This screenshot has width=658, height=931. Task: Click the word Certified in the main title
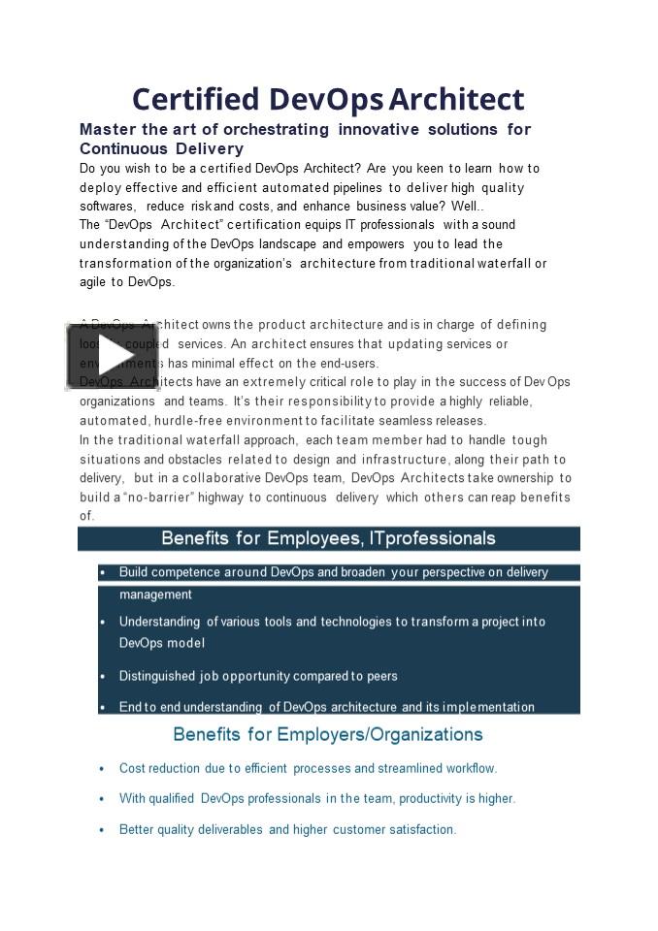195,99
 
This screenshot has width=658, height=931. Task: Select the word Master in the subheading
107,129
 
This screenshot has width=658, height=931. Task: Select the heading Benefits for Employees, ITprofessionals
328,538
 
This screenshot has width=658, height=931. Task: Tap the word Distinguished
156,676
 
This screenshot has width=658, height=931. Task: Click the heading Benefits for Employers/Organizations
328,734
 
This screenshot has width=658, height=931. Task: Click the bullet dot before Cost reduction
102,769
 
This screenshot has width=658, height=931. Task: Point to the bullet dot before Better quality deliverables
102,830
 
